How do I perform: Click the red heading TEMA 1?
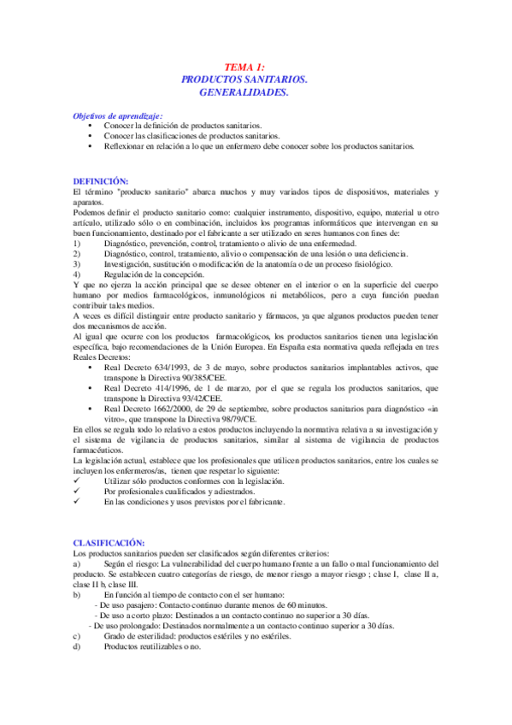244,67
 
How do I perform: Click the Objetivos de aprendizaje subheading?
117,115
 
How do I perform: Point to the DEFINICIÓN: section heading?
101,180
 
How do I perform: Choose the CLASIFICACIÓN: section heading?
109,542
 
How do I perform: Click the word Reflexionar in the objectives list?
125,146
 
